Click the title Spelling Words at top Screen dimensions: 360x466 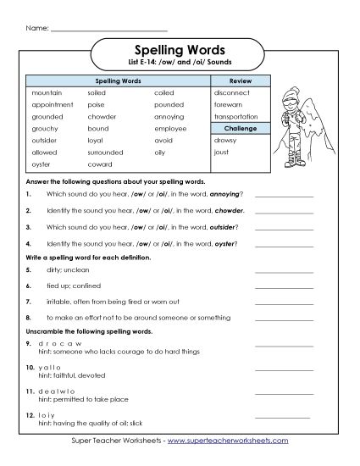tap(180, 49)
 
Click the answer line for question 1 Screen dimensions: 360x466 tap(283, 195)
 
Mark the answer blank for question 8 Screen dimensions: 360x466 tap(283, 316)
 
